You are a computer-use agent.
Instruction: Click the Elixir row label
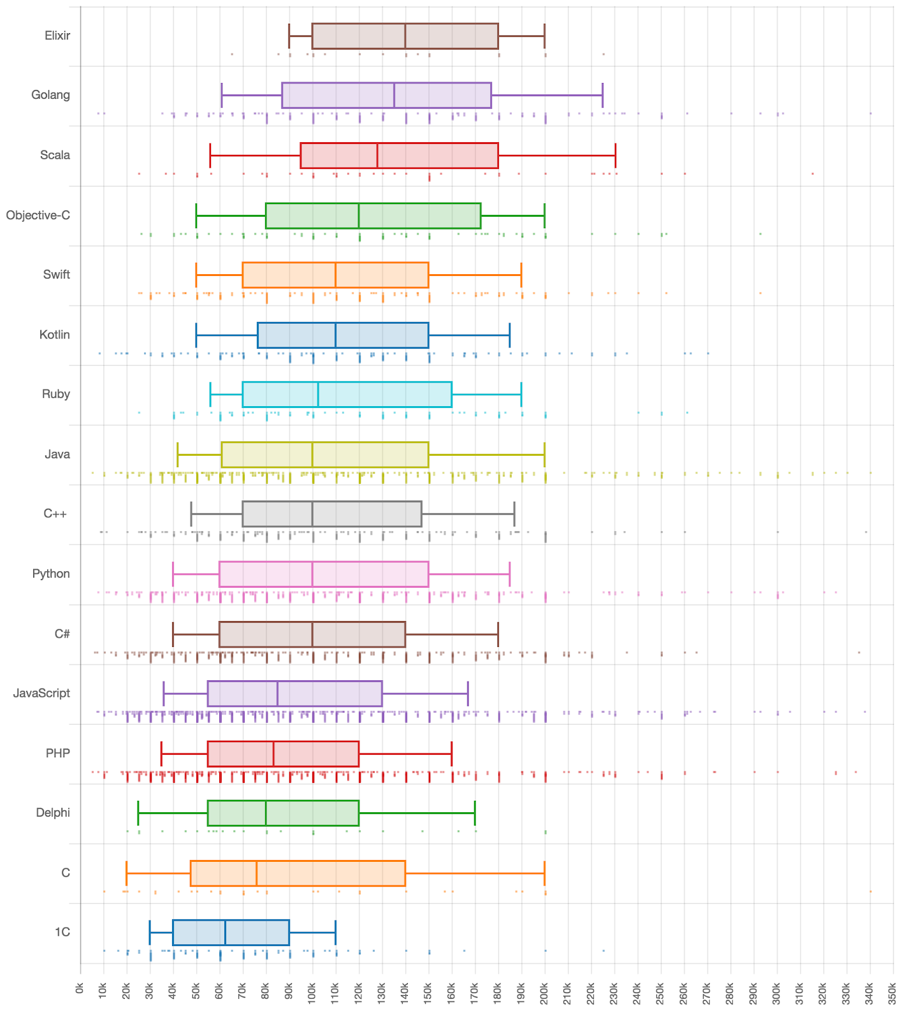pyautogui.click(x=57, y=36)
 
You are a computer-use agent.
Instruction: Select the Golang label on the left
pyautogui.click(x=50, y=95)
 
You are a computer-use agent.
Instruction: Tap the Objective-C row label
pyautogui.click(x=38, y=215)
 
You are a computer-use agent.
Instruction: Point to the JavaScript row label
pyautogui.click(x=41, y=693)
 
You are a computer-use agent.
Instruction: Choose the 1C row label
pyautogui.click(x=62, y=932)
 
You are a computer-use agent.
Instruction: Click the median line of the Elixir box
pyautogui.click(x=405, y=36)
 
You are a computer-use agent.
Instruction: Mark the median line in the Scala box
pyautogui.click(x=377, y=156)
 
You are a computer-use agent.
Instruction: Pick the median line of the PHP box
pyautogui.click(x=273, y=754)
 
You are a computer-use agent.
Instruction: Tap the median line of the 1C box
pyautogui.click(x=225, y=933)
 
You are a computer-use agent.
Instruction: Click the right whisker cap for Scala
pyautogui.click(x=615, y=156)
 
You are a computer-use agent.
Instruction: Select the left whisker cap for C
pyautogui.click(x=127, y=873)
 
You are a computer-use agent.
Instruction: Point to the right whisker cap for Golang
pyautogui.click(x=602, y=96)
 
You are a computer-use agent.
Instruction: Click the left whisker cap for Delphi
pyautogui.click(x=138, y=813)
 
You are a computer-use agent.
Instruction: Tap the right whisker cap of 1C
pyautogui.click(x=335, y=933)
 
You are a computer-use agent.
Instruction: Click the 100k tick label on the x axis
pyautogui.click(x=312, y=993)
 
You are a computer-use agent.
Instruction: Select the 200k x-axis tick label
pyautogui.click(x=544, y=993)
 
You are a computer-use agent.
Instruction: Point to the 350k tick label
pyautogui.click(x=893, y=993)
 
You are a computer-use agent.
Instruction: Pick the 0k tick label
pyautogui.click(x=80, y=988)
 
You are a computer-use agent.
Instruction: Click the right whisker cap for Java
pyautogui.click(x=544, y=455)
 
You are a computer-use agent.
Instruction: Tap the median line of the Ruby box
pyautogui.click(x=318, y=395)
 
